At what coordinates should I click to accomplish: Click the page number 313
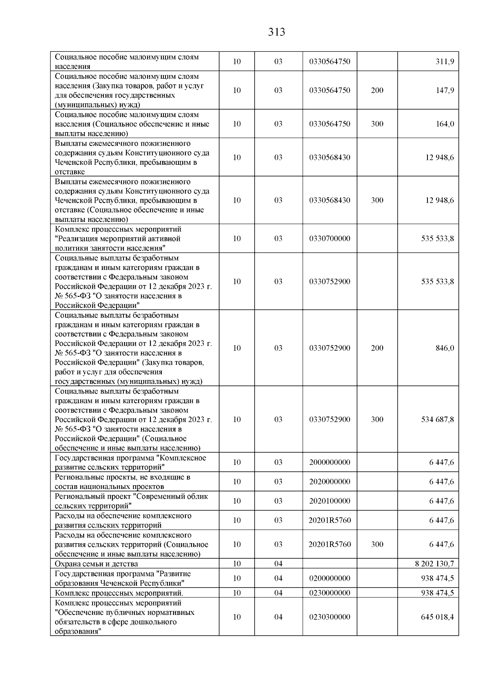[277, 32]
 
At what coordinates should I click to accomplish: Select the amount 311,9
[445, 62]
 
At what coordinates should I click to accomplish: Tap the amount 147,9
[445, 91]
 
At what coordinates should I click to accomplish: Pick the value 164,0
[445, 124]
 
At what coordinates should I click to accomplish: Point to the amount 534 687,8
[438, 420]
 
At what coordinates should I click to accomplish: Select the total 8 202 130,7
[434, 564]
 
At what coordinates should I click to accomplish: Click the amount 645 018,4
[438, 617]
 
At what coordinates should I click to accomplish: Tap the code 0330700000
[330, 239]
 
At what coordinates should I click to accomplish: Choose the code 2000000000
[330, 462]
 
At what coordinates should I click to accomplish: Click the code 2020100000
[330, 501]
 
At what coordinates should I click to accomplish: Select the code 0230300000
[330, 617]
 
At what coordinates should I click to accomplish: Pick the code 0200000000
[330, 579]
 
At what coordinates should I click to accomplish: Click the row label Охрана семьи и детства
[97, 564]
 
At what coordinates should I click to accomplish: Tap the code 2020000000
[330, 482]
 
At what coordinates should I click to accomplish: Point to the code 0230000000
[330, 593]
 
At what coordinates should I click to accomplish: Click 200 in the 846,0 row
[377, 348]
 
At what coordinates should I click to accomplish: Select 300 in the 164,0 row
[377, 124]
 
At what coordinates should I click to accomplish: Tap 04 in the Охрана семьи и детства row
[278, 564]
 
